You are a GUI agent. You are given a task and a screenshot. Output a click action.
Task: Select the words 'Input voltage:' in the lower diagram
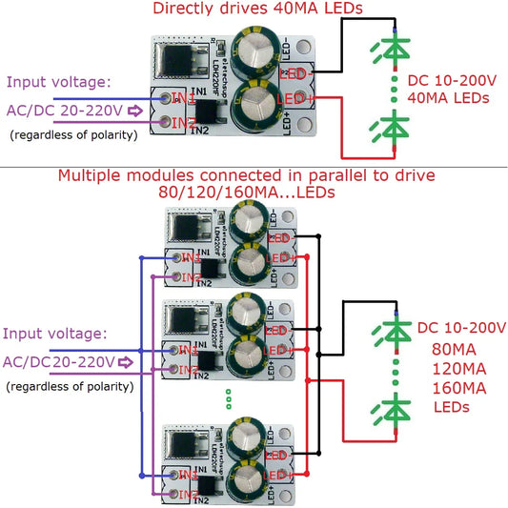point(55,334)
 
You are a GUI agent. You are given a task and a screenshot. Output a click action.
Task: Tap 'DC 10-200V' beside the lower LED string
point(460,328)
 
